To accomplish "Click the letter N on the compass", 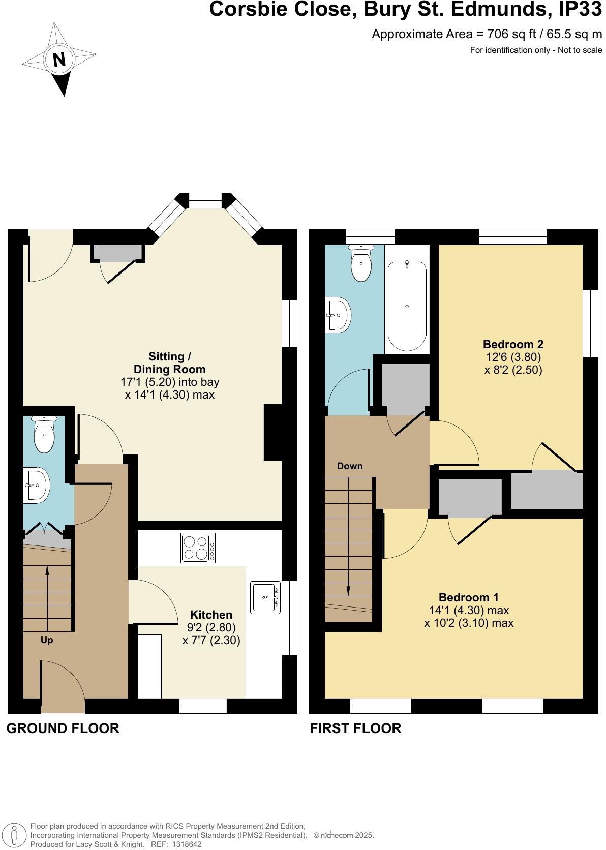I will [59, 60].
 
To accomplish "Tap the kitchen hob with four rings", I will [198, 548].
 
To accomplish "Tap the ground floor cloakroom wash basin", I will [37, 485].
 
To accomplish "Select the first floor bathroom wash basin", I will [338, 315].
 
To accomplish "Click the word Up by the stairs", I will [47, 640].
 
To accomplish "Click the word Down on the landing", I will [350, 466].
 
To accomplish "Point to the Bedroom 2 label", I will [513, 344].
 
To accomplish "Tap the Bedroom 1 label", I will [469, 597].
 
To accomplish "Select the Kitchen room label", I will [211, 615].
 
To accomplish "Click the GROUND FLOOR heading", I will [63, 728].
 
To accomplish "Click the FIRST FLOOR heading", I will [355, 728].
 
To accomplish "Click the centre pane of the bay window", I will [205, 200].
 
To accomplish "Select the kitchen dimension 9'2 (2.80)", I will [211, 628].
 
